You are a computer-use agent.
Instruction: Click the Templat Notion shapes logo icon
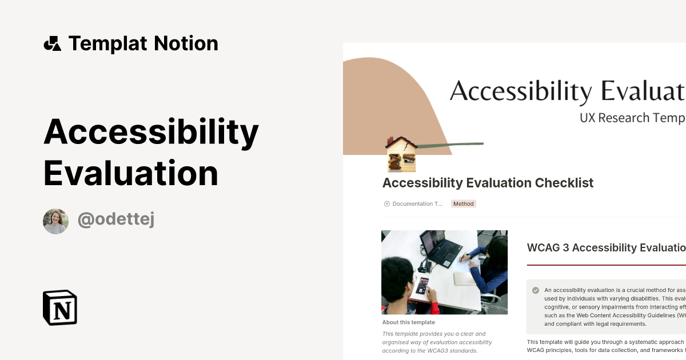pyautogui.click(x=52, y=43)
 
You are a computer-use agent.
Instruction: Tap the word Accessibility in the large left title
pyautogui.click(x=151, y=131)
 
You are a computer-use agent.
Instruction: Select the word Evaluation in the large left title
pyautogui.click(x=131, y=173)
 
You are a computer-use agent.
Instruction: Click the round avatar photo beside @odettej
pyautogui.click(x=55, y=221)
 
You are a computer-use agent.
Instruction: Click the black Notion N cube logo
pyautogui.click(x=60, y=307)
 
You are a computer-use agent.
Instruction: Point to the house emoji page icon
pyautogui.click(x=401, y=154)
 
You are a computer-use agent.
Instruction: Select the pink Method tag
pyautogui.click(x=463, y=203)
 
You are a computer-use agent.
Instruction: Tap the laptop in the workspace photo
pyautogui.click(x=441, y=249)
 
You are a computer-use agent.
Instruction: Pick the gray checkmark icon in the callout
pyautogui.click(x=536, y=290)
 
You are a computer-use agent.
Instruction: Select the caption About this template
pyautogui.click(x=408, y=322)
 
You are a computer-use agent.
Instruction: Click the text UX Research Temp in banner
pyautogui.click(x=632, y=118)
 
